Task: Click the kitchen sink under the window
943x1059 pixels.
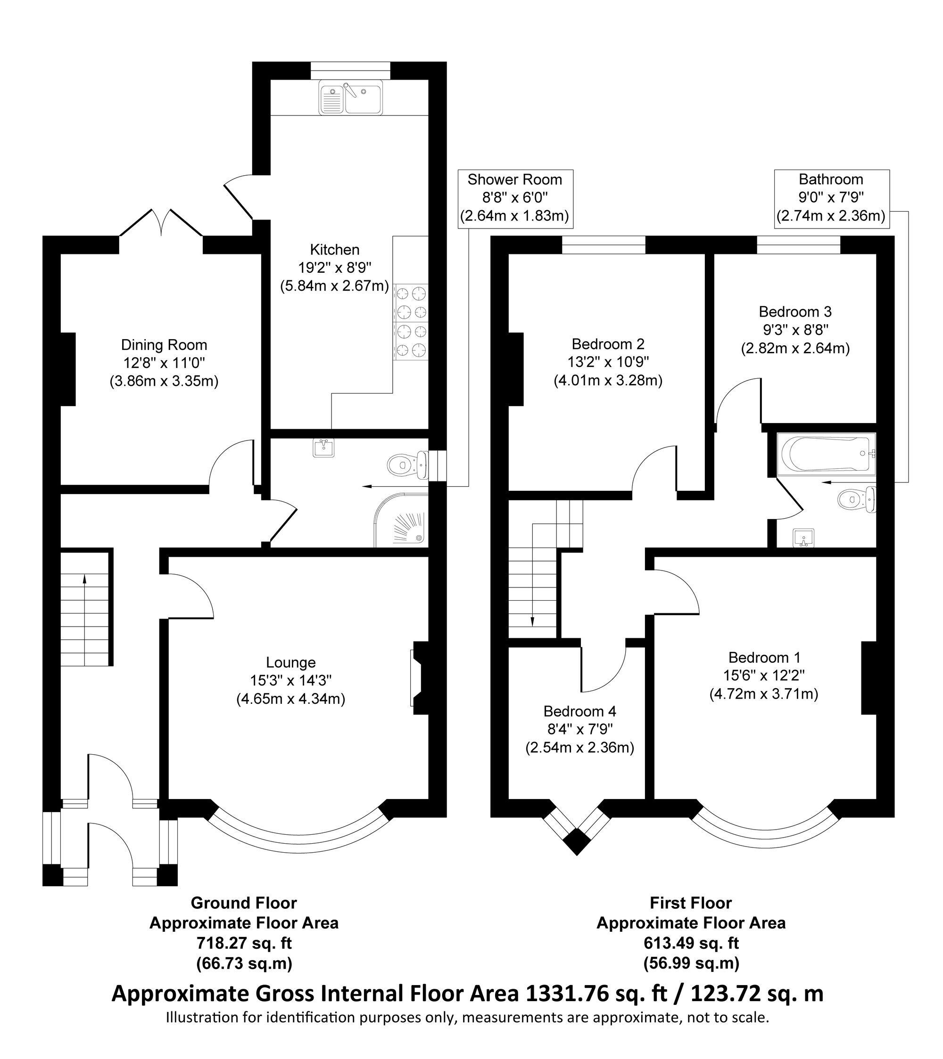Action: coord(351,97)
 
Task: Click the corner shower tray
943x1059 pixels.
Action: coord(401,520)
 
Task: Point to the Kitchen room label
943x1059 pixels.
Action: coord(334,250)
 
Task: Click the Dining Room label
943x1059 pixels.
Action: coord(164,345)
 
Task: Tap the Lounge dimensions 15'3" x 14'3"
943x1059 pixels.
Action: coord(291,681)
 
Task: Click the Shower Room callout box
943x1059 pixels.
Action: coord(515,198)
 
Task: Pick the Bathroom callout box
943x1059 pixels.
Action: coord(831,198)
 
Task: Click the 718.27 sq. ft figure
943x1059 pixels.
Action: coord(244,943)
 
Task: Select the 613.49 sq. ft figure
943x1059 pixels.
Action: coord(691,943)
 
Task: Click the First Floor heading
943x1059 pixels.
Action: coord(691,903)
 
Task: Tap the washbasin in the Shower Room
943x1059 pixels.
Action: coord(324,447)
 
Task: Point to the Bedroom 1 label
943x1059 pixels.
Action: coord(764,658)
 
